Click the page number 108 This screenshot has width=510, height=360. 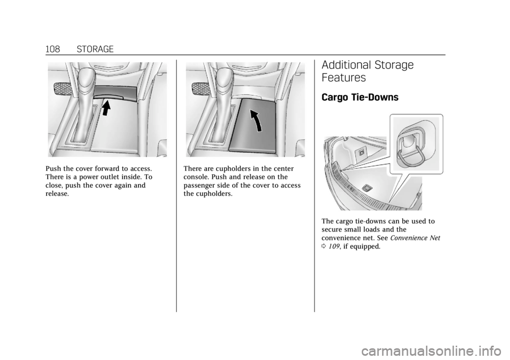[x=53, y=49]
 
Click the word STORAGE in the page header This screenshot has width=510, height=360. [x=95, y=49]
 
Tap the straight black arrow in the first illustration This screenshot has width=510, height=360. [x=105, y=108]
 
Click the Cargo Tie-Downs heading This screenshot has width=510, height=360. [x=360, y=97]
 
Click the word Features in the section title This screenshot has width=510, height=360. [x=344, y=78]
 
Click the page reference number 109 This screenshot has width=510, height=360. [x=334, y=246]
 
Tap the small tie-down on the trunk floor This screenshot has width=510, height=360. [x=366, y=187]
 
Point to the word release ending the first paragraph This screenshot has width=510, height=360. [x=57, y=194]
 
